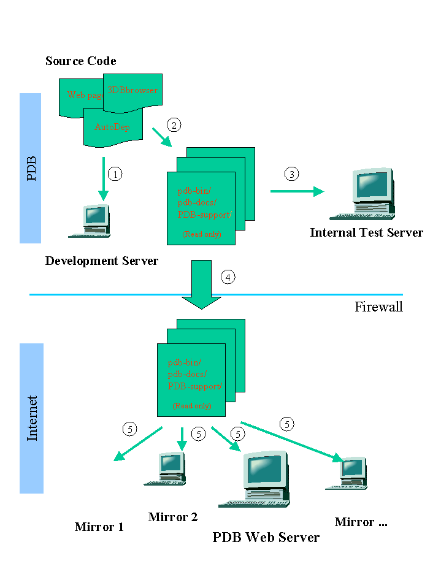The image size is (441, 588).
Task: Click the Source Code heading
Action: [x=80, y=61]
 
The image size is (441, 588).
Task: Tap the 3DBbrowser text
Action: [x=132, y=90]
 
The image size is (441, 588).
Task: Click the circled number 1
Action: [x=115, y=174]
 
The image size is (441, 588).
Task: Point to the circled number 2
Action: [x=174, y=125]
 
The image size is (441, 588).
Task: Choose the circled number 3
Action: [x=292, y=174]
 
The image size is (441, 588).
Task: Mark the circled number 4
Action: [x=228, y=277]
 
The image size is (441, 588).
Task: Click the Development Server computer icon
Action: [x=91, y=221]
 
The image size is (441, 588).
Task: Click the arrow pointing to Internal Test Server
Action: [x=297, y=192]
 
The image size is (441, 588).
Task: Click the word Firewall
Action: [x=378, y=307]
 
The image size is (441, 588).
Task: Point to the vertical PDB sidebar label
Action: [x=31, y=169]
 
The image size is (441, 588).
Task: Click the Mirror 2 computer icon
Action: [x=166, y=469]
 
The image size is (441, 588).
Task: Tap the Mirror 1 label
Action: [x=99, y=527]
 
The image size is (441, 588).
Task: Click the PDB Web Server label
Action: [x=266, y=538]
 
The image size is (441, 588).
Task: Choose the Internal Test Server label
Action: [x=366, y=232]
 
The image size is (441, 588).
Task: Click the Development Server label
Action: [x=102, y=261]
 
